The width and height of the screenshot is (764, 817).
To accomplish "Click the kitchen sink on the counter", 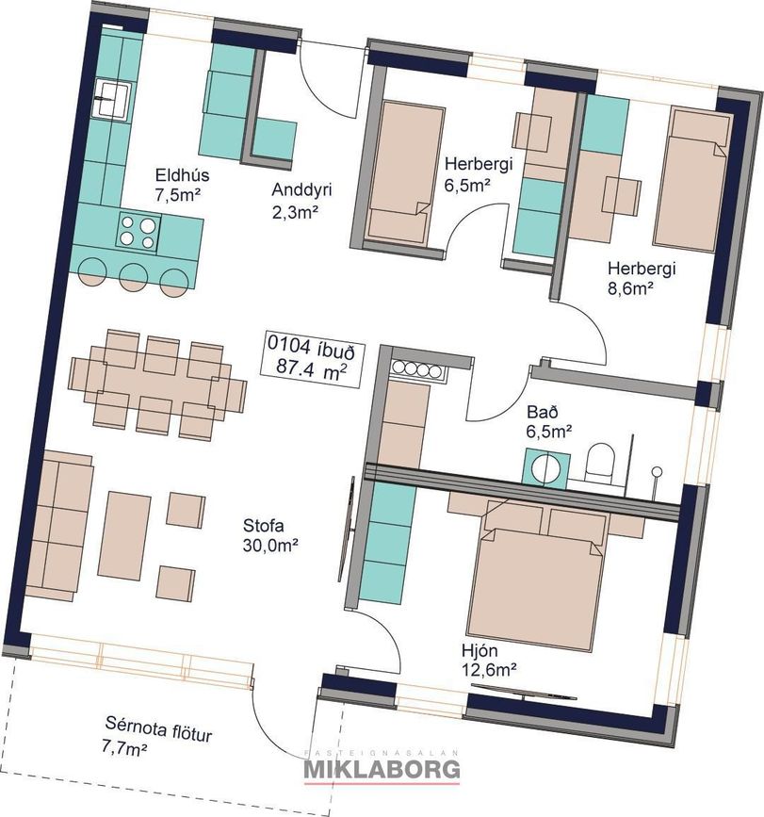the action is [x=112, y=99].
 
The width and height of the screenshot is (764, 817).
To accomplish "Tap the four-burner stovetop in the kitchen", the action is [x=138, y=232].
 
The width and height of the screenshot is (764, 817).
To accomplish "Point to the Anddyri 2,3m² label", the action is [x=301, y=201].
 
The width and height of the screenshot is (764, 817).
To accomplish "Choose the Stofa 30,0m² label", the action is [x=270, y=535].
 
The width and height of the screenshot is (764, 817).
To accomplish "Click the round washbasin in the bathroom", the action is [x=546, y=469].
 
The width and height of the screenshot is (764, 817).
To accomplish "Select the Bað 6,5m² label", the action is [x=549, y=421].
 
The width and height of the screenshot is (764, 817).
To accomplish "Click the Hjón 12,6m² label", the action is [x=489, y=660].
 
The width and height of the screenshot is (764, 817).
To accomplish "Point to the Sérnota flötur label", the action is [x=159, y=728].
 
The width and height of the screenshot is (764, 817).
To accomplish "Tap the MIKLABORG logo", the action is [x=382, y=769].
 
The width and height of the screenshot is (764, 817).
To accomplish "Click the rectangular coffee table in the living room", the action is [x=124, y=535].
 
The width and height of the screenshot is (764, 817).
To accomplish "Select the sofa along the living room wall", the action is [x=57, y=526].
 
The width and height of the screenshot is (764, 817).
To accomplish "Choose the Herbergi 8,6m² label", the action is [x=642, y=278].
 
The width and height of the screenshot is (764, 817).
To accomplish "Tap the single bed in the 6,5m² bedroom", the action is [x=405, y=173].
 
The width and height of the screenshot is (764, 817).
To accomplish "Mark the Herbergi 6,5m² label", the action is [x=478, y=174].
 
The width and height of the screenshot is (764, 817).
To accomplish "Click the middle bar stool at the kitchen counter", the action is [x=136, y=277].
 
